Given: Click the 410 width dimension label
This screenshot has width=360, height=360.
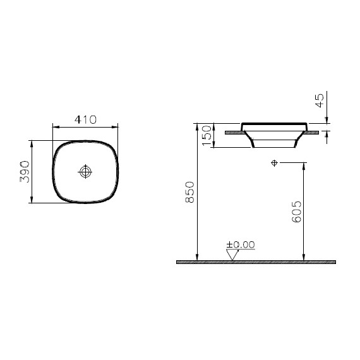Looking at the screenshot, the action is click(85, 119).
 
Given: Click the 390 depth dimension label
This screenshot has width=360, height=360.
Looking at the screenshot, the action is click(25, 172).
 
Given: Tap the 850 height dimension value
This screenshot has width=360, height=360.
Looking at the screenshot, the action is click(190, 192).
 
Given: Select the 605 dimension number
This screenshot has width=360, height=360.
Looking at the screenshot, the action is click(296, 212).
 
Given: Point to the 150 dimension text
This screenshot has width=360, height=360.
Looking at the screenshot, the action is click(207, 135).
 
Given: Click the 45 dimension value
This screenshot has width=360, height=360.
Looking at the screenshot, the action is click(320, 100).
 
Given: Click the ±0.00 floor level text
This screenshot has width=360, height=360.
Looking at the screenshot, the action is click(241, 245).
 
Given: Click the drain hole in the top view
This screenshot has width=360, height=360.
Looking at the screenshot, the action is click(85, 172).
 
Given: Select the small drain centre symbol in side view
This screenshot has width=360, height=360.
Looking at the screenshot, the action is click(274, 163).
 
